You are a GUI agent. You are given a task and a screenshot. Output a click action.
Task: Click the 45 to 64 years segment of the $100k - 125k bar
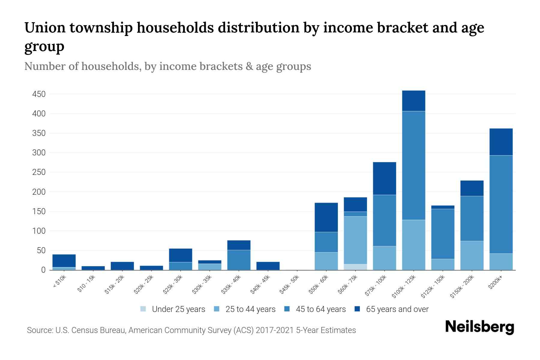413,166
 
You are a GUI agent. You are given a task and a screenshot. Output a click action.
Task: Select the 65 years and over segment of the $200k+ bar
501,142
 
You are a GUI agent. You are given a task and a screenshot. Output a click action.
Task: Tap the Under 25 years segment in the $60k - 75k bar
355,267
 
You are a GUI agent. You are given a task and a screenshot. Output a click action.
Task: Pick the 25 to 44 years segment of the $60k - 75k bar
355,240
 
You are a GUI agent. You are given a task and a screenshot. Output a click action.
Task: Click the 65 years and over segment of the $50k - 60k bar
326,217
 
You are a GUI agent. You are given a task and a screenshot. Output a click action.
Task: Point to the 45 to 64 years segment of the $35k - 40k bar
239,260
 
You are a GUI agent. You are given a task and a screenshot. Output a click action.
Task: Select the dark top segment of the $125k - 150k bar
442,207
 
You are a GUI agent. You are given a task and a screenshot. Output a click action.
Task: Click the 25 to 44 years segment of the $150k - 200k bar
472,256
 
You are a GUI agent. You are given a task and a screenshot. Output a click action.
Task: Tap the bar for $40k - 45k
268,266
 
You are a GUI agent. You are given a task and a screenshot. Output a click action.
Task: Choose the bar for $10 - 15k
93,268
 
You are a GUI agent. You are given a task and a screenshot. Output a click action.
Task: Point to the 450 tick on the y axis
39,94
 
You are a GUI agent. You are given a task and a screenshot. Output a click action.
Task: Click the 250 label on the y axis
39,172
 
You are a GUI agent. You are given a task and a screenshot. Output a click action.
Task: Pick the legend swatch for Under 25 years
143,309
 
